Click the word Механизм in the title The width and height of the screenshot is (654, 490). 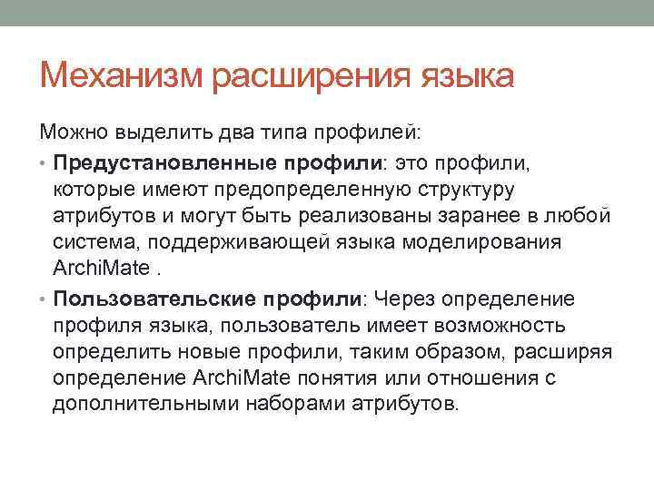click(122, 75)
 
